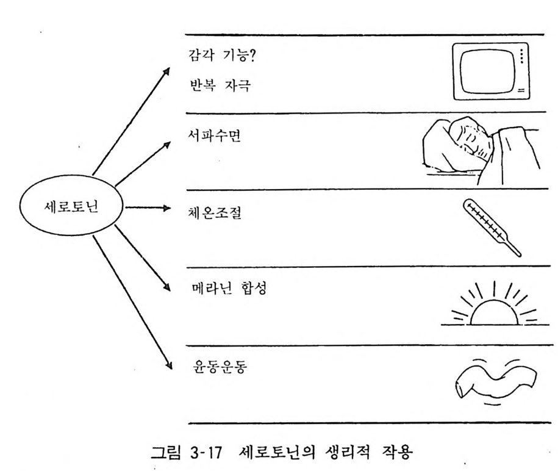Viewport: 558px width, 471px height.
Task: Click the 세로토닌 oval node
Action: pyautogui.click(x=72, y=207)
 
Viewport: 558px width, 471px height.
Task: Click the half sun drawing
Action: pyautogui.click(x=492, y=307)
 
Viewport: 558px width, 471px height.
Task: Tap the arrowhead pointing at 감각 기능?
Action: pyautogui.click(x=165, y=71)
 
